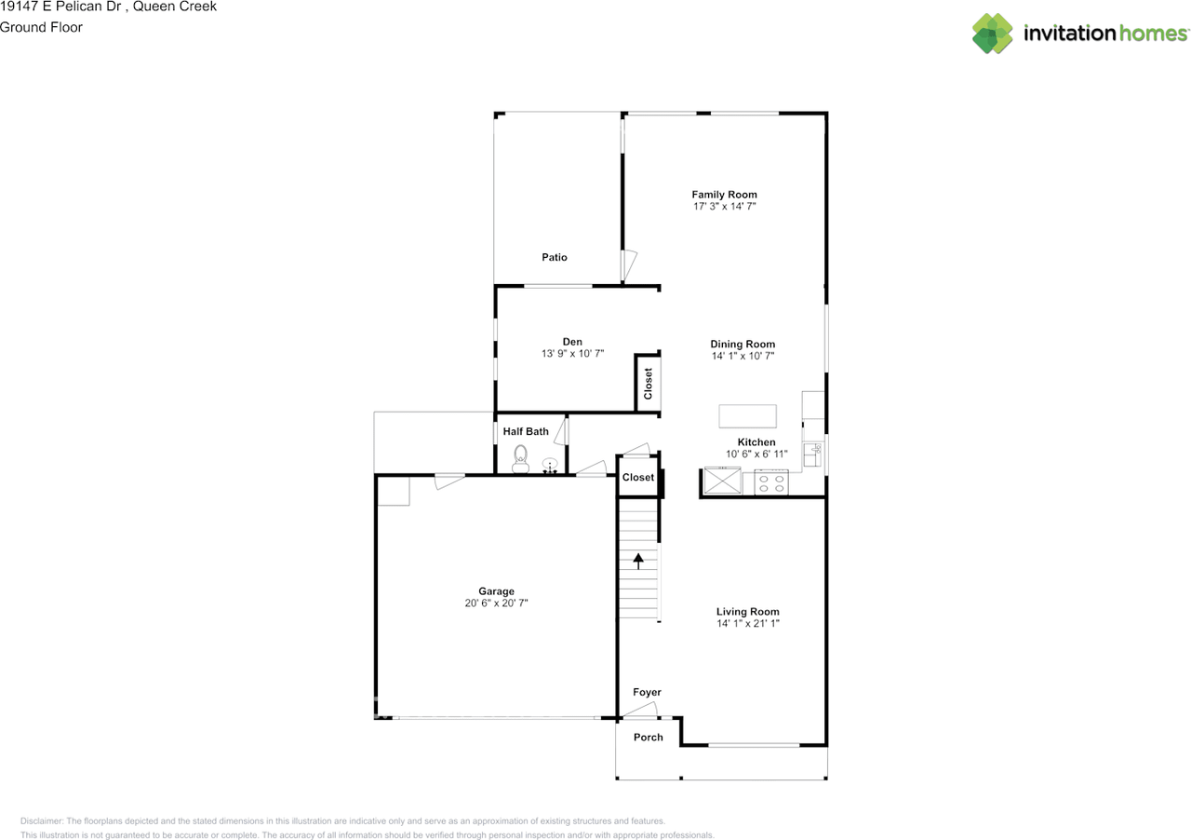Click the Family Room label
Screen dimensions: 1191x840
[x=724, y=195]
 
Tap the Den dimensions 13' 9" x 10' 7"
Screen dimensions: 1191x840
[x=572, y=354]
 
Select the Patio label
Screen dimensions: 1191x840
[x=554, y=257]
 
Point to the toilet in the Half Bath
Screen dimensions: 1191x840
[x=520, y=459]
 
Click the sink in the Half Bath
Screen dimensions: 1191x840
[x=550, y=465]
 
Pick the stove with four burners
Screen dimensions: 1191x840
[x=771, y=482]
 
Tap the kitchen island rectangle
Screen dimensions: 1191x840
[x=747, y=416]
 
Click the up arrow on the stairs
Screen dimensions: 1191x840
[x=638, y=561]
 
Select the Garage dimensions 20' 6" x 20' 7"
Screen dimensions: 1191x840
[x=496, y=603]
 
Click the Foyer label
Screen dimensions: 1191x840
[x=647, y=692]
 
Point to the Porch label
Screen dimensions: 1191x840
[x=649, y=738]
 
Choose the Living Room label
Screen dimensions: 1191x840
[x=747, y=612]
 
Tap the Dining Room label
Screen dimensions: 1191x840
[x=743, y=344]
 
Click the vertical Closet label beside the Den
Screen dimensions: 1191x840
[x=648, y=384]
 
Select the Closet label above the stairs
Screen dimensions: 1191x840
[x=638, y=477]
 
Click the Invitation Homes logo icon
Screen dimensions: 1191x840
[x=992, y=33]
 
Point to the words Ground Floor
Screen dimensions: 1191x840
[x=41, y=27]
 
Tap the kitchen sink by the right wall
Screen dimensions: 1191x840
[x=812, y=454]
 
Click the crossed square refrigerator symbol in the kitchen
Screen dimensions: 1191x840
[x=722, y=481]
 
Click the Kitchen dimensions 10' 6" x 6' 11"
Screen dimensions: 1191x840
[x=756, y=454]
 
